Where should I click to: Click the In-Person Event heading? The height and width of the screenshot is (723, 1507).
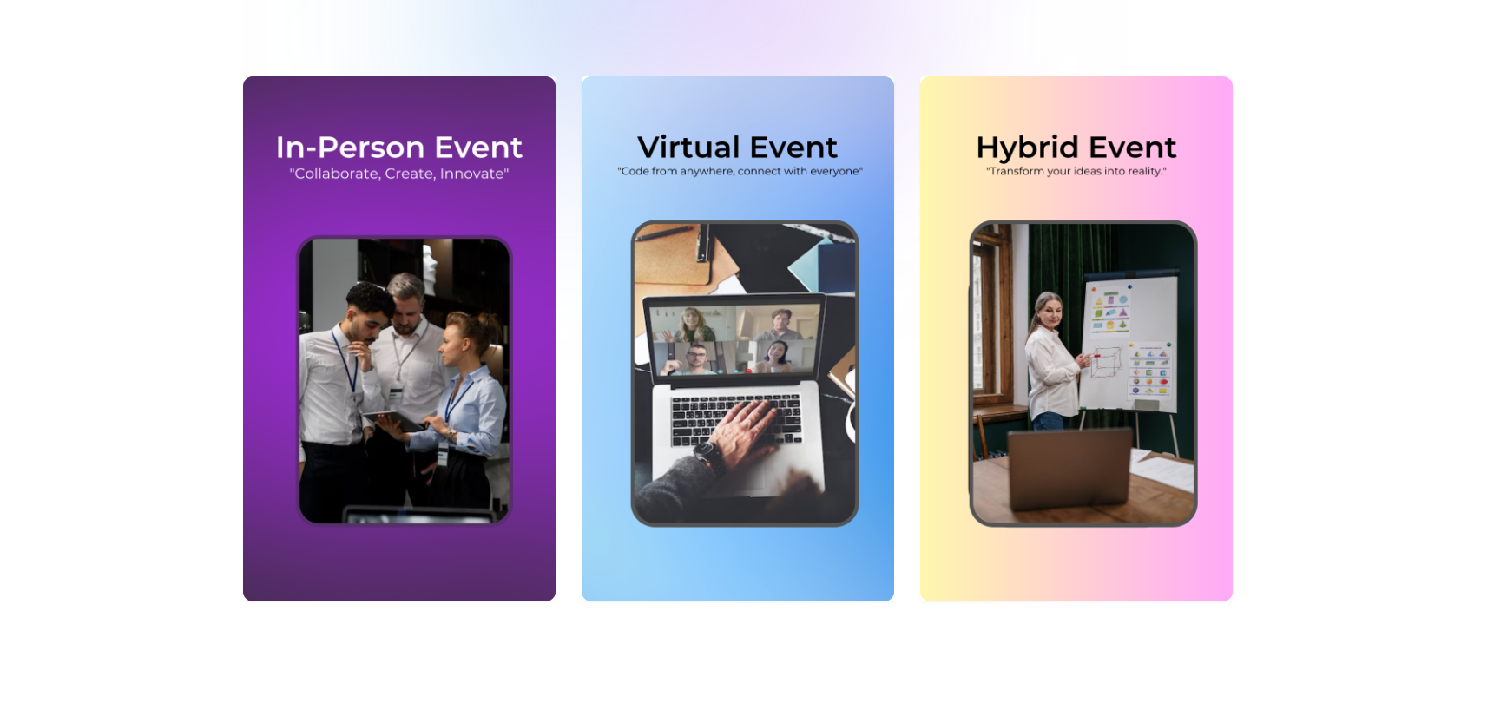coord(398,148)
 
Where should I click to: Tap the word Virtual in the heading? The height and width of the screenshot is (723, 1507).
coord(688,148)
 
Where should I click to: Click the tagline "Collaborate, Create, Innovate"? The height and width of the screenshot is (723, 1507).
coord(398,174)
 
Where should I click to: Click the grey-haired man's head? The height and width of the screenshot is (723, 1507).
coord(406,295)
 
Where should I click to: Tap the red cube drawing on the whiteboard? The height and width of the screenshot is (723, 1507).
coord(1106,362)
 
